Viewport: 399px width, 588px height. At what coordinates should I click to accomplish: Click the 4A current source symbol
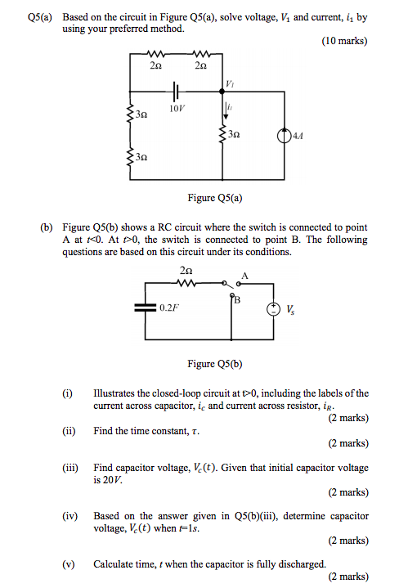[x=283, y=134]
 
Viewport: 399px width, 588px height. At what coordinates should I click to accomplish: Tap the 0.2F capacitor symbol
[x=146, y=307]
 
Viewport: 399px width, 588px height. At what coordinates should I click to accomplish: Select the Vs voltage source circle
[x=271, y=308]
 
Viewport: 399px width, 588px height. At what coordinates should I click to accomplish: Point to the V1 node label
[x=230, y=85]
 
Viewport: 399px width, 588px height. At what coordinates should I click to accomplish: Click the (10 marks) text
[x=346, y=41]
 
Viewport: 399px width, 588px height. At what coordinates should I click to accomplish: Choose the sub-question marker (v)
[x=69, y=564]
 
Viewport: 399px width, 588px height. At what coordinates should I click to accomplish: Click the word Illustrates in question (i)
[x=116, y=393]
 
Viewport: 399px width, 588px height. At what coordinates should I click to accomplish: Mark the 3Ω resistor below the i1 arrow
[x=225, y=134]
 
